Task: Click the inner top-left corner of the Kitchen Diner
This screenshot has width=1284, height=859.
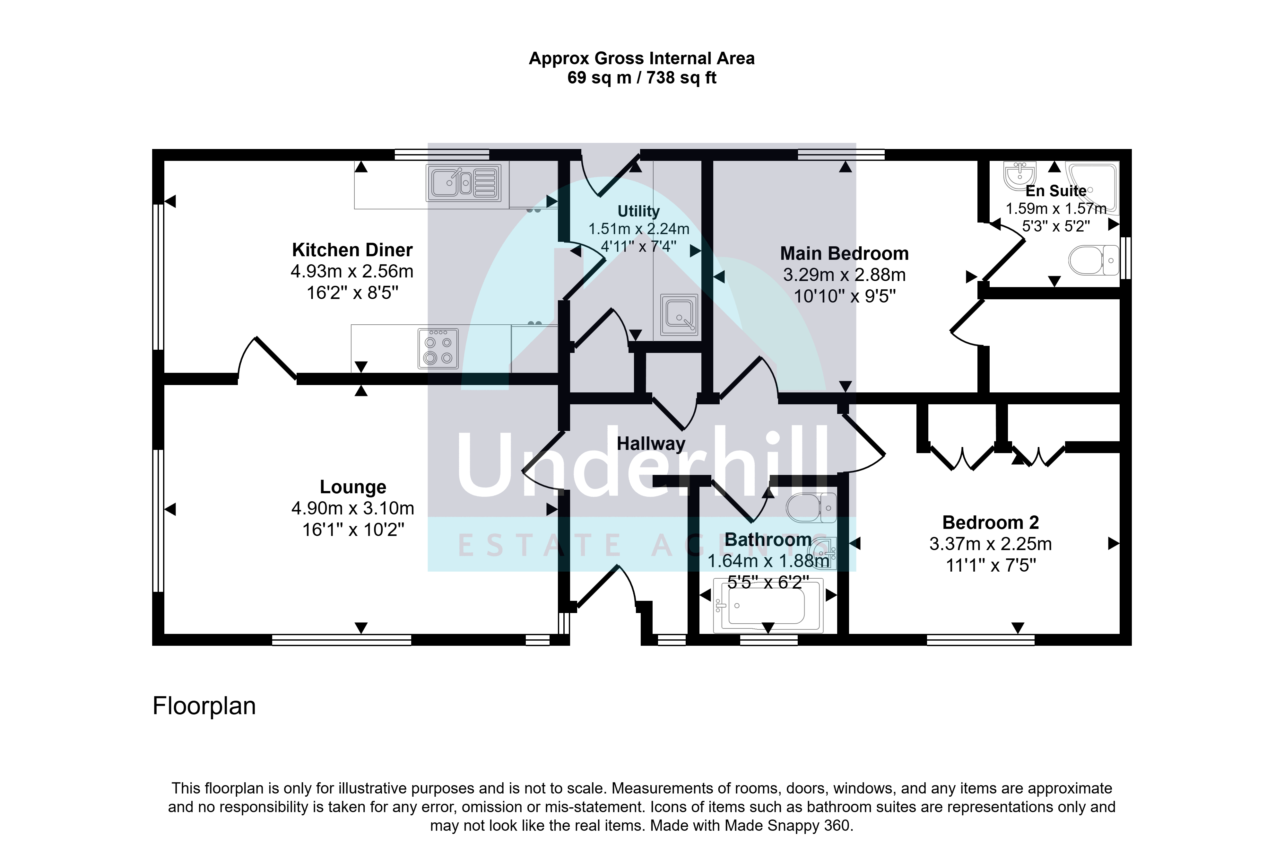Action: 164,161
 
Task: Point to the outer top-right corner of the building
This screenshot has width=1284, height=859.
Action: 1131,149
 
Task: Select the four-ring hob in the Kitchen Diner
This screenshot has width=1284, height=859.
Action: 438,348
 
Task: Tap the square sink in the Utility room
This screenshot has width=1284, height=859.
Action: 679,314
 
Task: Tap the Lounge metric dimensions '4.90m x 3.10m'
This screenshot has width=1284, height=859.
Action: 353,508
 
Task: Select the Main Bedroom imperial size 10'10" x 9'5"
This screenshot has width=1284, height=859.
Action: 845,296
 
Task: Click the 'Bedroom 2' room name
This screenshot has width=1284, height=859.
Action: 991,523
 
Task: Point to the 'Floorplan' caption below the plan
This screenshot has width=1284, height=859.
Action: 204,706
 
